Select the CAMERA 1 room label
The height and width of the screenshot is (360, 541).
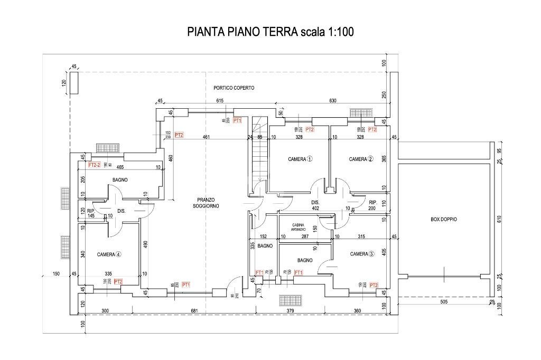click(x=300, y=159)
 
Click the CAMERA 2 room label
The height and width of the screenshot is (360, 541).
click(x=361, y=159)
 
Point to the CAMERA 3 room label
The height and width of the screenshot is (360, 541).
click(x=362, y=254)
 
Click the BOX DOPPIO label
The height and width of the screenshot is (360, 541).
click(x=444, y=219)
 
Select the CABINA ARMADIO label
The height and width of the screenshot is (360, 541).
click(x=299, y=227)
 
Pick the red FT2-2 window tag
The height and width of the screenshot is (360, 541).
click(x=94, y=165)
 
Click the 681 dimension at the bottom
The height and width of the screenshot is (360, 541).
click(x=194, y=311)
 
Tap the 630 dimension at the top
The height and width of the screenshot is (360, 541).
click(x=332, y=101)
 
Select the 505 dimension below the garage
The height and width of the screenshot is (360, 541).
click(x=443, y=302)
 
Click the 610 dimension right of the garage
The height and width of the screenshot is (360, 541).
click(x=499, y=219)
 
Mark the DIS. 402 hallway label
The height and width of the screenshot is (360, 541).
click(x=315, y=205)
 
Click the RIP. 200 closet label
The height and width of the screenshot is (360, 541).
click(x=372, y=205)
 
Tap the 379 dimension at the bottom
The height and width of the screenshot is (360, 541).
click(x=290, y=311)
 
